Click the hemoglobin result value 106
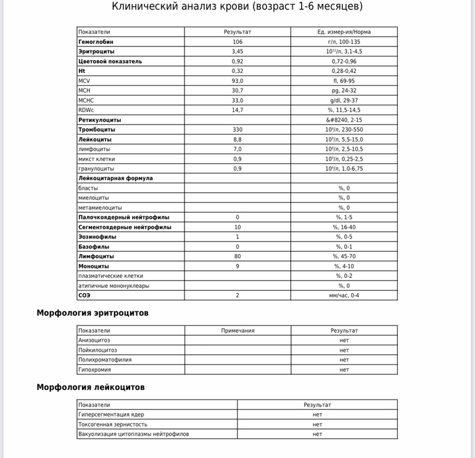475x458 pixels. coord(238,41)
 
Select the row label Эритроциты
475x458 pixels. coord(96,51)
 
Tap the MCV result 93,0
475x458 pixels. coord(238,81)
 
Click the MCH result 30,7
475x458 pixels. coord(238,90)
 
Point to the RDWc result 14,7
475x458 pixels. coord(238,110)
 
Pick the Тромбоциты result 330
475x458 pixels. coord(238,130)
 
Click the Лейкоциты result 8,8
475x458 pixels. coord(238,140)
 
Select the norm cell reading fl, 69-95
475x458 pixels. coord(344,81)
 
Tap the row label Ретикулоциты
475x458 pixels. coord(99,120)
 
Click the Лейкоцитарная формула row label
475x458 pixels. coord(115,178)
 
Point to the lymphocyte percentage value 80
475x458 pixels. coord(238,257)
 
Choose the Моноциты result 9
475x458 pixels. coord(238,266)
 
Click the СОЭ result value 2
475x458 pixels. coord(238,295)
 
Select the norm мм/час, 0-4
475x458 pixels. coord(344,295)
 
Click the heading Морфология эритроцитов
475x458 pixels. coord(93,313)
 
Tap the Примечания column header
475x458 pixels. coord(238,331)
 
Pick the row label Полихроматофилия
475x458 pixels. coord(105,360)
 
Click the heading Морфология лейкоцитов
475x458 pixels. coord(91,388)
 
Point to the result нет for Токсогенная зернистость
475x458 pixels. coord(317,425)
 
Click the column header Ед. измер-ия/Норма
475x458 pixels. coord(344,32)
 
